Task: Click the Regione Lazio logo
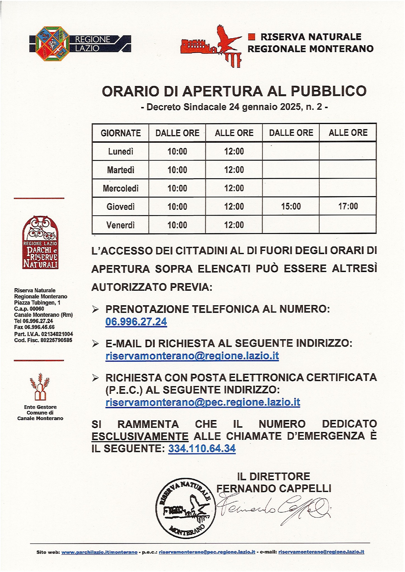click(80, 44)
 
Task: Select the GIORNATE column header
click(121, 133)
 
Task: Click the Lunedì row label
click(121, 151)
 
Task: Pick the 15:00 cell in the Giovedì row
click(291, 206)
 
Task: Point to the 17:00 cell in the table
click(348, 206)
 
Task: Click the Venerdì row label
click(121, 225)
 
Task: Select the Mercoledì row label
click(121, 188)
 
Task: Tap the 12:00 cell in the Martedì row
click(234, 170)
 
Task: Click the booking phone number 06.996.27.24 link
click(136, 322)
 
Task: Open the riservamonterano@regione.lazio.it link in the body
click(192, 356)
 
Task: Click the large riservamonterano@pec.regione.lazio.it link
click(203, 402)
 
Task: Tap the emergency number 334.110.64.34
click(202, 449)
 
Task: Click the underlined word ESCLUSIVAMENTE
click(140, 436)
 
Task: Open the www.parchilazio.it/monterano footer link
click(99, 552)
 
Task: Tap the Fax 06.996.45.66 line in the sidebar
click(34, 327)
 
